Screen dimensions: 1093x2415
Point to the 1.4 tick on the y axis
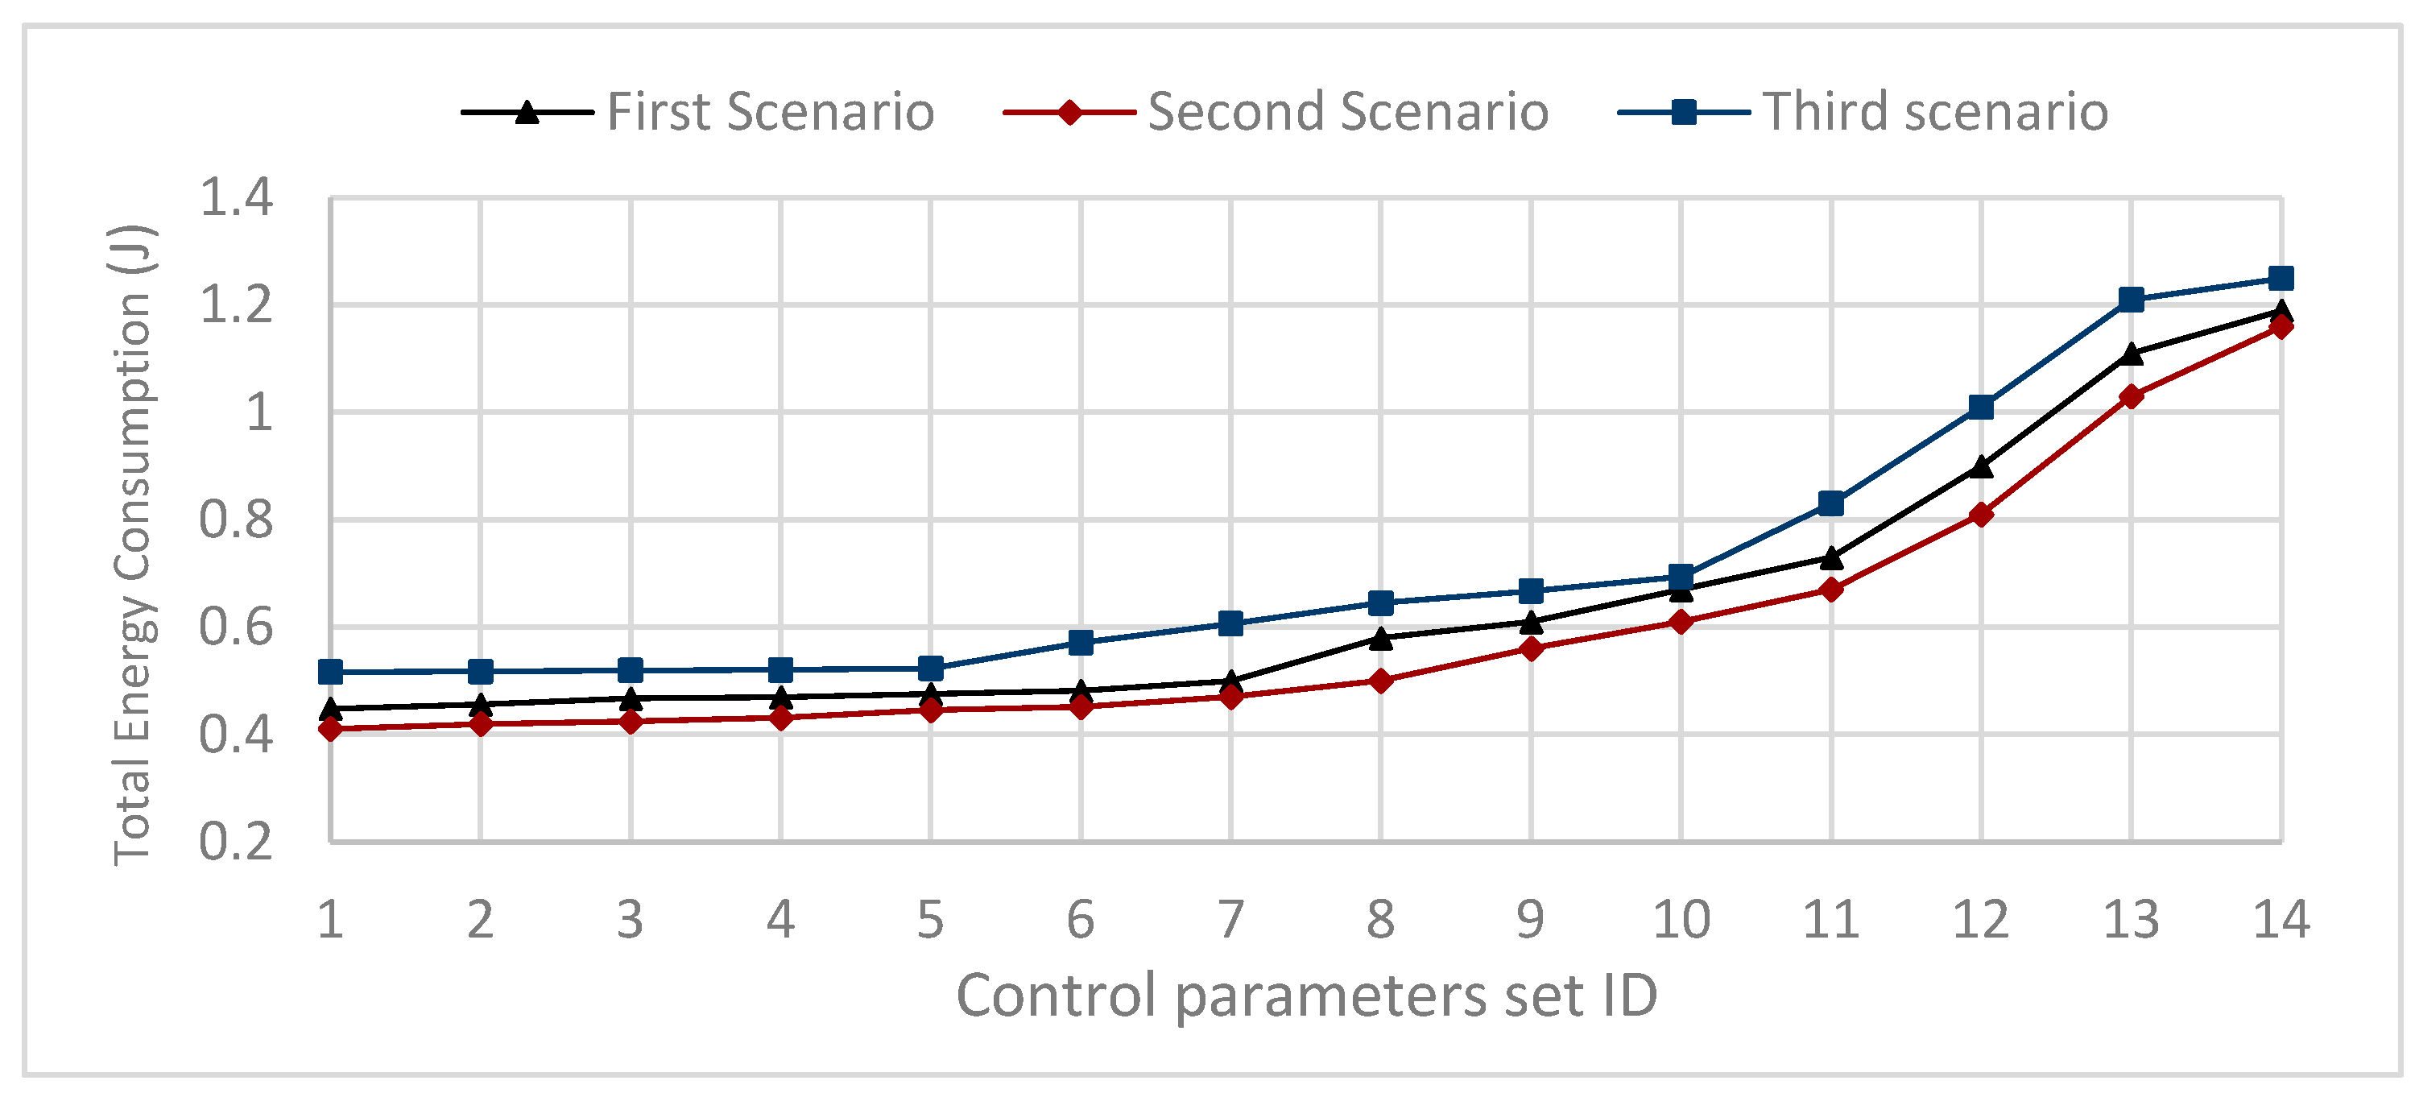coord(235,198)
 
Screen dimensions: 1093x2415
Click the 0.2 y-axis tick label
coord(235,842)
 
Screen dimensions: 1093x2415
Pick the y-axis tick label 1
coord(258,412)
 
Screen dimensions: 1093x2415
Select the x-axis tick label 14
coord(2281,920)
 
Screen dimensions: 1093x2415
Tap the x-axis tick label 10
coord(1681,920)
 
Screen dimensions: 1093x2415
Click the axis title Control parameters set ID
coord(1307,996)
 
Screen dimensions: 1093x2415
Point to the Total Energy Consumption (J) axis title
coord(133,544)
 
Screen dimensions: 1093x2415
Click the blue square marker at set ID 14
coord(2281,279)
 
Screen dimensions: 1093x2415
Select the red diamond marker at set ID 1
coord(330,728)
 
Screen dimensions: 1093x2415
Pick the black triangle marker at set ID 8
coord(1381,637)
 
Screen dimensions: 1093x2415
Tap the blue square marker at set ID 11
coord(1831,503)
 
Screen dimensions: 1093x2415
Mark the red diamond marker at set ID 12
coord(1981,515)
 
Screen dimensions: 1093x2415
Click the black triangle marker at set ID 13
coord(2131,354)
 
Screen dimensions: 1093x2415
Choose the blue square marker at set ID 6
coord(1081,643)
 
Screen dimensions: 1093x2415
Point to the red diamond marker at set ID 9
coord(1531,648)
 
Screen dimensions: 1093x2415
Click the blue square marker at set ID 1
coord(330,672)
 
